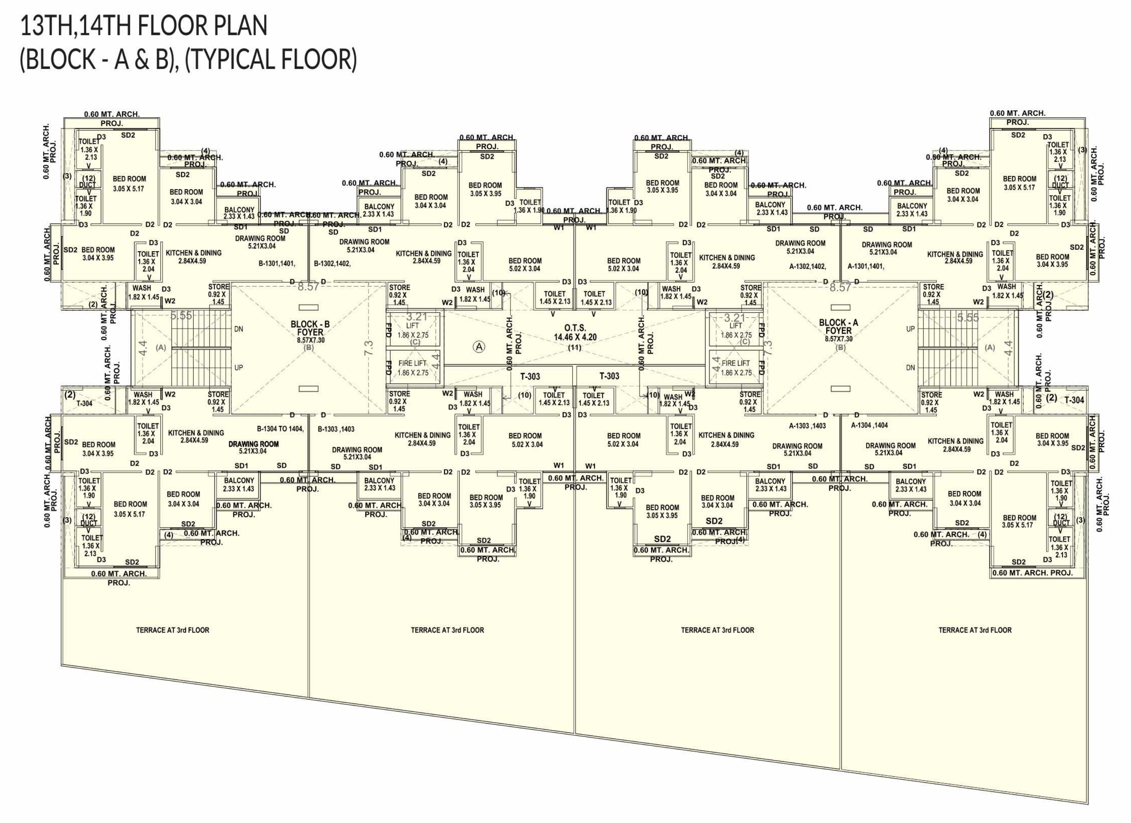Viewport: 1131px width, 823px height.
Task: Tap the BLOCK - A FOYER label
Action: point(838,327)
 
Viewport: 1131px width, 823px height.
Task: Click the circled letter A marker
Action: point(479,347)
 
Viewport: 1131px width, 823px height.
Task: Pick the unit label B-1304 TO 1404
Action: point(280,428)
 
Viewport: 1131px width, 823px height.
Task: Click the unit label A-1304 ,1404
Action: point(869,426)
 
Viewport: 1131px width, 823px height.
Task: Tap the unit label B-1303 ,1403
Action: point(336,429)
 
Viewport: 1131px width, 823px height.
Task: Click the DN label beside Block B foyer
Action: point(238,329)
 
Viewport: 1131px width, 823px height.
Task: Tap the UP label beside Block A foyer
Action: point(910,329)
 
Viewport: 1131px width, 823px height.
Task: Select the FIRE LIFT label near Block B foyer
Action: point(413,363)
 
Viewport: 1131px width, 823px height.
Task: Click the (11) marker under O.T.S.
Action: point(575,347)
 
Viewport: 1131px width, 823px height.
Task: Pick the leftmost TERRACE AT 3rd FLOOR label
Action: point(173,630)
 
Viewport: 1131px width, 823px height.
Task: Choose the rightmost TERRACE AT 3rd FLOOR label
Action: point(975,630)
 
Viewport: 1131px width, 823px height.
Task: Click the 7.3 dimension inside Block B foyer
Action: point(369,348)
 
